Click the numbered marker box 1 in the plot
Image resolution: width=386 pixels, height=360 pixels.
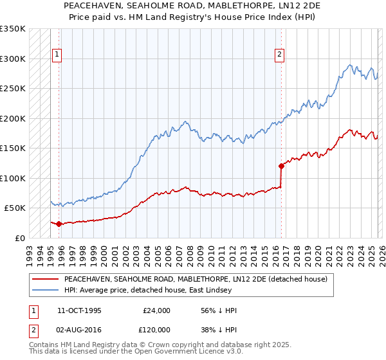click(x=57, y=55)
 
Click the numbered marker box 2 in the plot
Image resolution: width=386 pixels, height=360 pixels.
click(x=280, y=55)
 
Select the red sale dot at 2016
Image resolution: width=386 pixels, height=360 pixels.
click(x=281, y=166)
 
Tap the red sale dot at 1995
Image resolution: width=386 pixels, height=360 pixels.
click(x=59, y=224)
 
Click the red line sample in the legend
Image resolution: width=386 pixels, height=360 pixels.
click(x=45, y=279)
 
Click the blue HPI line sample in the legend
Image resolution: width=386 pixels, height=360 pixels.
click(x=45, y=291)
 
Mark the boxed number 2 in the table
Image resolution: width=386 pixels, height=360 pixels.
click(x=33, y=329)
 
